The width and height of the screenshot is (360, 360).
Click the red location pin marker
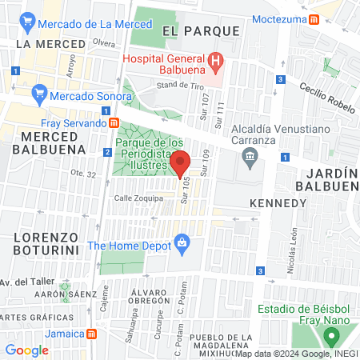[180, 163]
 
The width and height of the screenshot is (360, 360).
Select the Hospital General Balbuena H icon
[214, 60]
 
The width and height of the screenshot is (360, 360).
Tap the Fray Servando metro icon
[114, 123]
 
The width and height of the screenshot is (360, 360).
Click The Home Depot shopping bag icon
[182, 242]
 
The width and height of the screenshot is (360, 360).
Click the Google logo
[26, 350]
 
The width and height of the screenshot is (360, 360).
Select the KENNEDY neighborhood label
[278, 203]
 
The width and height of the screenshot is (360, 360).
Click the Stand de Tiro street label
[177, 85]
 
